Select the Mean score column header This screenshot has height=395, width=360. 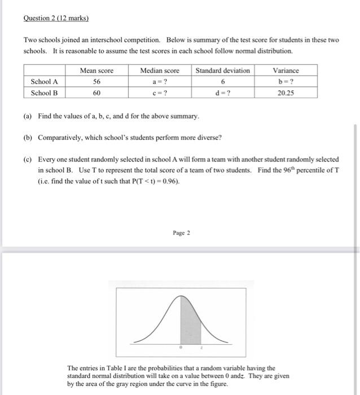[96, 71]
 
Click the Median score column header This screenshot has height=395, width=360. [159, 71]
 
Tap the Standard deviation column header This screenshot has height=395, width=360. [222, 71]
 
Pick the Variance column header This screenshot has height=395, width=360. [286, 71]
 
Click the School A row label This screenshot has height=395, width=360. [45, 81]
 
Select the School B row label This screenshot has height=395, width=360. [45, 93]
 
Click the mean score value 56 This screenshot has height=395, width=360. [96, 81]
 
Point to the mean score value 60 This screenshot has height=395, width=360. [96, 93]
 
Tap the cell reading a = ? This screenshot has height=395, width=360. [159, 81]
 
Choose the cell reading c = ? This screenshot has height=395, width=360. [159, 93]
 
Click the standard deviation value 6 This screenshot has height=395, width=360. [222, 81]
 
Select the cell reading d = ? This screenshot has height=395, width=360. [222, 93]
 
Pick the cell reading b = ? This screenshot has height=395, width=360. [286, 81]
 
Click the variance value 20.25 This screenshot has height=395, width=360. [286, 93]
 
